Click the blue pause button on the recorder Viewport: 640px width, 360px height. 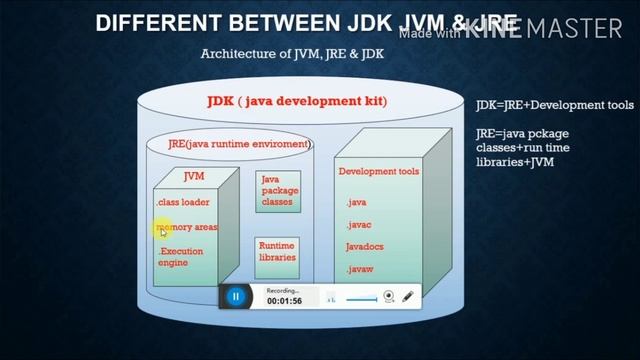235,296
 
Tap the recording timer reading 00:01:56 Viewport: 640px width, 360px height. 284,300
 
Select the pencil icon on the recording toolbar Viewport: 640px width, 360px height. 408,297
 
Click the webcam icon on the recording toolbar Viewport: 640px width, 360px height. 389,297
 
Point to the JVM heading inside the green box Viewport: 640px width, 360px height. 194,176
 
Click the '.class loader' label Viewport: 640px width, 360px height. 182,202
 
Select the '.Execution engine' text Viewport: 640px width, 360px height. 180,256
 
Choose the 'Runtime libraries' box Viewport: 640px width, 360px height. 277,251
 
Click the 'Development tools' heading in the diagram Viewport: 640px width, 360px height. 378,172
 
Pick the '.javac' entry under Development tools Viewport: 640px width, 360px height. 359,225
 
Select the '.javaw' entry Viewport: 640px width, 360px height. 361,270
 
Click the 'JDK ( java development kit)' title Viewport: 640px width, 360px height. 296,101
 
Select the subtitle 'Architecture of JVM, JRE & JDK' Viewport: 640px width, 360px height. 292,53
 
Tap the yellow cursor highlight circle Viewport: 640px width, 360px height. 164,230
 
